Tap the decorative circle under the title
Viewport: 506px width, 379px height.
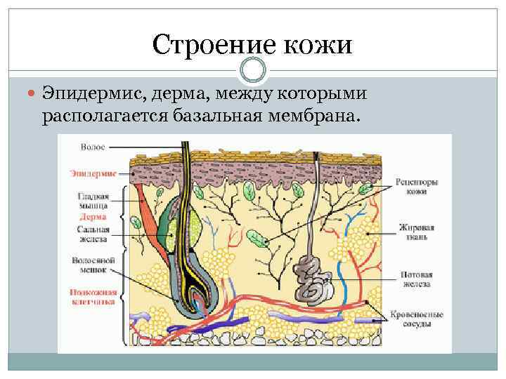253,70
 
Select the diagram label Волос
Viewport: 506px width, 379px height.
93,147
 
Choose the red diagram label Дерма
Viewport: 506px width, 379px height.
93,218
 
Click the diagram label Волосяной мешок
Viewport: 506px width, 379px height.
89,264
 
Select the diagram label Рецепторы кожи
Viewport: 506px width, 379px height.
417,186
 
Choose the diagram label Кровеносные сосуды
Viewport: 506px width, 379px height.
417,319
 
